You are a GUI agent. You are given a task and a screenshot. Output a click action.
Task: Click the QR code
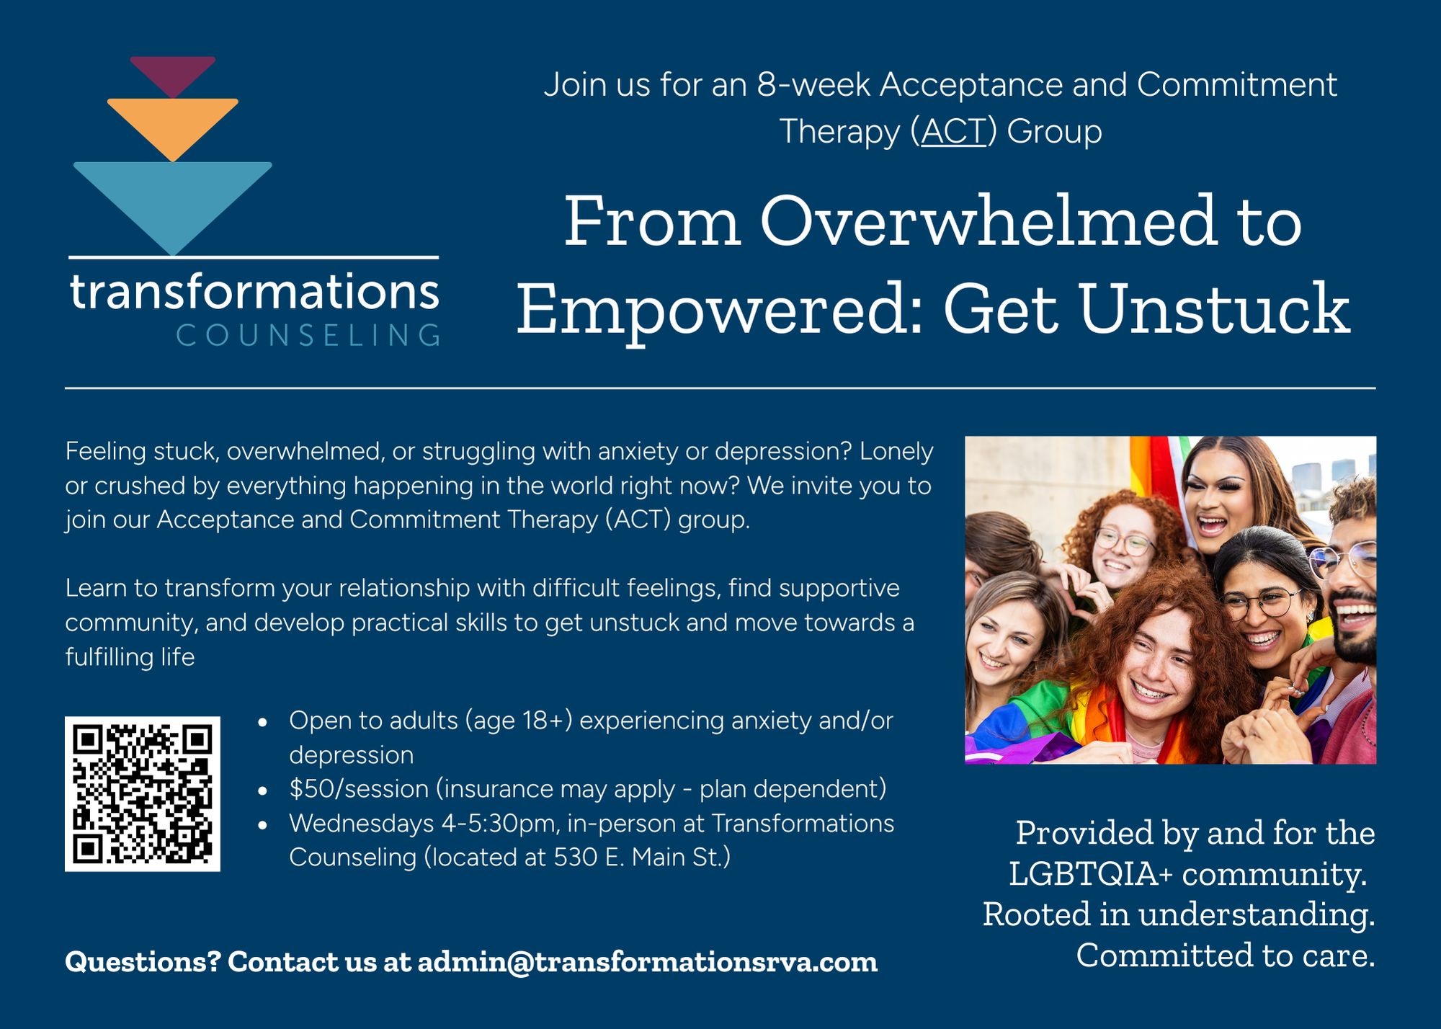tap(143, 793)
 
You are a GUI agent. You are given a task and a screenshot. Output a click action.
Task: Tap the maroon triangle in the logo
tap(173, 72)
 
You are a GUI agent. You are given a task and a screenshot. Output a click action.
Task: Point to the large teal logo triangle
tap(173, 202)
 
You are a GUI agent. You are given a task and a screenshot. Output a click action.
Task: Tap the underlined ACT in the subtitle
tap(953, 132)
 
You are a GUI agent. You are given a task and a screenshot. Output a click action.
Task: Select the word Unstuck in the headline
tap(1214, 310)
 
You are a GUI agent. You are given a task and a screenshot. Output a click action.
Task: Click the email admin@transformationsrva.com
tap(648, 962)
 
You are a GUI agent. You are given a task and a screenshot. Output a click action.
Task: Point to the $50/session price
tap(359, 789)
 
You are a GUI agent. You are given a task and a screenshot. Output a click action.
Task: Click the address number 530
tap(576, 857)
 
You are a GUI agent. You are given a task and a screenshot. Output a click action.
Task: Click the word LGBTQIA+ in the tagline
tap(1091, 874)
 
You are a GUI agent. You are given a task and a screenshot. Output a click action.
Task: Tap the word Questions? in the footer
tap(143, 962)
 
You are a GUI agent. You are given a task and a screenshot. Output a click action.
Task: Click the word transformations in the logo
tap(254, 293)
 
